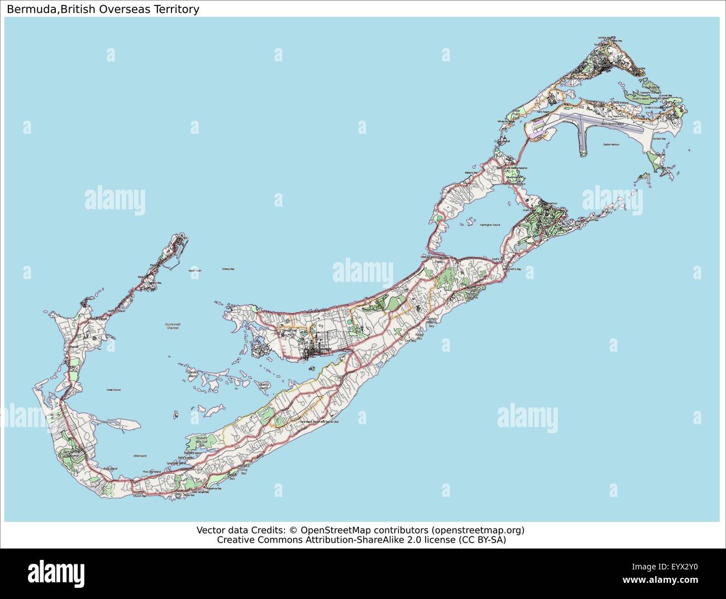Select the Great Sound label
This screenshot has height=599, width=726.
pos(113,390)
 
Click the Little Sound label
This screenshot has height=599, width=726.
pos(140,457)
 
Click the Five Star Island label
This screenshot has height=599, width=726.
pos(151,472)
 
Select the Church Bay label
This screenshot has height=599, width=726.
pos(140,495)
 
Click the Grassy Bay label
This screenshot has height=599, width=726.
pos(228,269)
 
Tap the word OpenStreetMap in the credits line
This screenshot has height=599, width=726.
pos(335,530)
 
